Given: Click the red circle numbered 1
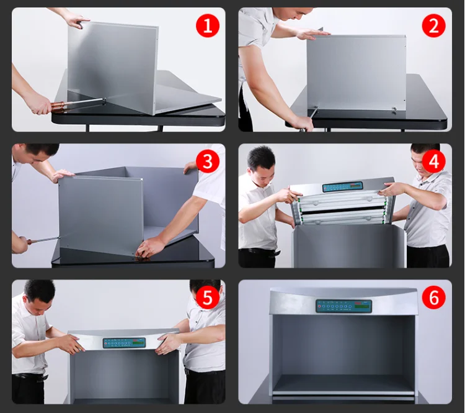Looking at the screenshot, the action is [208, 25].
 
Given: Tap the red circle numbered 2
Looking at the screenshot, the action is [433, 25].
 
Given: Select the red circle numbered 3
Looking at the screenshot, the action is [208, 161].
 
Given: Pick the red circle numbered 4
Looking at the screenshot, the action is [433, 161].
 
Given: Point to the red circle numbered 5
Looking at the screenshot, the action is [208, 297].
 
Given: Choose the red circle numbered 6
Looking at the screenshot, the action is [433, 297].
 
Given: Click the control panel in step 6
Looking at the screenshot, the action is [343, 306].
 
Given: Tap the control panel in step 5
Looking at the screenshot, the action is [124, 343].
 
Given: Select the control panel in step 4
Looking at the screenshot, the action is [342, 187].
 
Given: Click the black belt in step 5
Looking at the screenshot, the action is [30, 376].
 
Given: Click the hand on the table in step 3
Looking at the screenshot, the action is [151, 247].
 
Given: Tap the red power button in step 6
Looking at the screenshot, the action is [319, 306].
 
